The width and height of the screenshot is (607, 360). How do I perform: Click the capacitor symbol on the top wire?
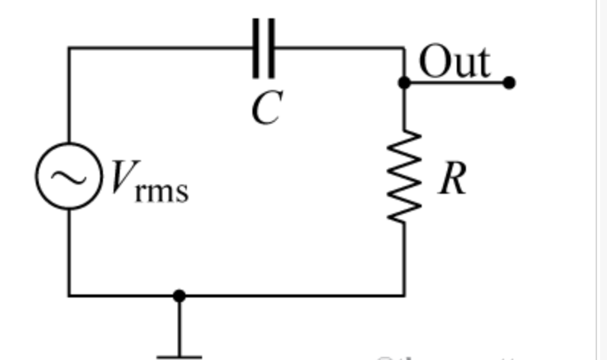(x=265, y=48)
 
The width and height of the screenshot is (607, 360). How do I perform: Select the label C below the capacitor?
(x=265, y=108)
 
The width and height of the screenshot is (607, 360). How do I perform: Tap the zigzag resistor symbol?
(x=404, y=176)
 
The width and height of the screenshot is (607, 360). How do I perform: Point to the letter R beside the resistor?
(x=451, y=179)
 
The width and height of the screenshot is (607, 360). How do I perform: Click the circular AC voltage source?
(x=69, y=176)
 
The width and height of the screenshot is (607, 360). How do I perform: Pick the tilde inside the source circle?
(x=69, y=176)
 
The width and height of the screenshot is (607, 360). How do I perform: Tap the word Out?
(x=454, y=62)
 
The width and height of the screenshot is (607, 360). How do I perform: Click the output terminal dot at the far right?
(x=509, y=82)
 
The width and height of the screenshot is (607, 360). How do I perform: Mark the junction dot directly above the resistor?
(x=404, y=82)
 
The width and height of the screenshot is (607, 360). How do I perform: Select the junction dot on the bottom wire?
(x=179, y=295)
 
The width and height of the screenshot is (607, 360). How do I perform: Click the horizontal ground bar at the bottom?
(x=179, y=356)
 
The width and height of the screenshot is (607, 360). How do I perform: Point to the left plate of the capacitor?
(x=257, y=48)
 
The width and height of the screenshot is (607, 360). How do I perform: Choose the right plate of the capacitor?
(x=273, y=48)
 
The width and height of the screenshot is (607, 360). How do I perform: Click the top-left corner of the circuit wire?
(x=69, y=48)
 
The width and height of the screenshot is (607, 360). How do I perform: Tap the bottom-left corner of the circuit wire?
(x=69, y=295)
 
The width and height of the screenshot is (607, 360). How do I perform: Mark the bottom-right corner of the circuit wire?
(x=404, y=295)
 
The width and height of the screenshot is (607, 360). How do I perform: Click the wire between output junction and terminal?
(x=458, y=82)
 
